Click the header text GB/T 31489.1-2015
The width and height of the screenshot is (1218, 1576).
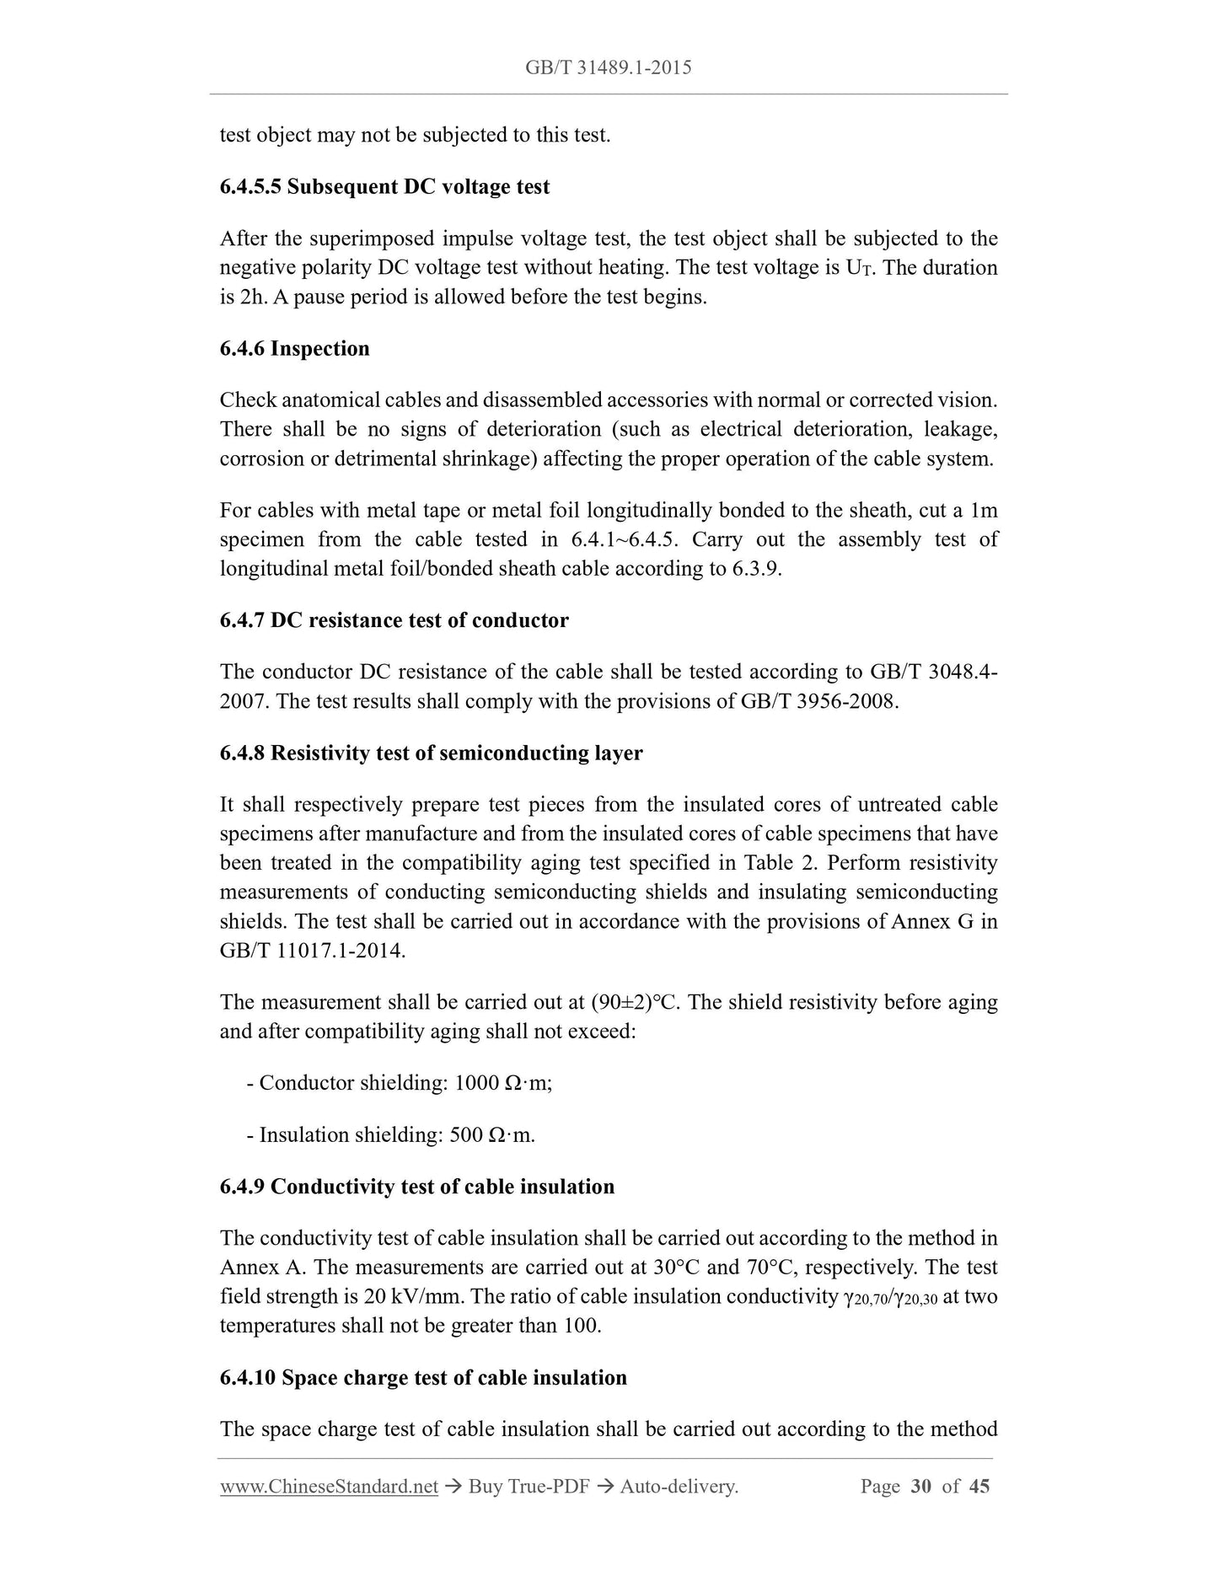tap(608, 67)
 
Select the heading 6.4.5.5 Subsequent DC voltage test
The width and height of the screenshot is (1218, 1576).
tap(384, 186)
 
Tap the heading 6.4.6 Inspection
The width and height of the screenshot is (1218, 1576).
tap(294, 348)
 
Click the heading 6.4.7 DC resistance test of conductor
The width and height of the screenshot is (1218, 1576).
tap(394, 620)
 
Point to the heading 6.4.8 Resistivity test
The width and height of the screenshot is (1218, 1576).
tap(431, 753)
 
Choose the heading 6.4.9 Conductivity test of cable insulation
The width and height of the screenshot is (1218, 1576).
tap(416, 1187)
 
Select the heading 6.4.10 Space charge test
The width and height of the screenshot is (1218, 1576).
tap(423, 1377)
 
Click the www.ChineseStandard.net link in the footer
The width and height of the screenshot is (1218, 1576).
tap(329, 1486)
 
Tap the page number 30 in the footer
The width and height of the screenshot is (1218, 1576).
tap(920, 1486)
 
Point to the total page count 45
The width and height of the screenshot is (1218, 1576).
tap(979, 1486)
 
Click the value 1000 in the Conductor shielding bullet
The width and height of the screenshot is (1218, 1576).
tap(476, 1083)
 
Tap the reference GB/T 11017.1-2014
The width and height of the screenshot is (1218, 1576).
tap(312, 951)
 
